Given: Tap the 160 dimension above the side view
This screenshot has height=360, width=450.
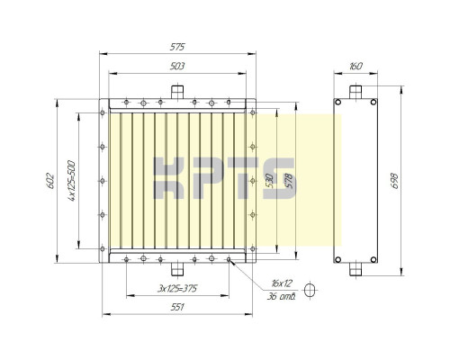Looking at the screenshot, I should (356, 66).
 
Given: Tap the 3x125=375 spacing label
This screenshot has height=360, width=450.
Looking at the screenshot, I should (177, 289).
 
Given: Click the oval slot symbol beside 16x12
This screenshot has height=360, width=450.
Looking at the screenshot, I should (311, 290).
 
